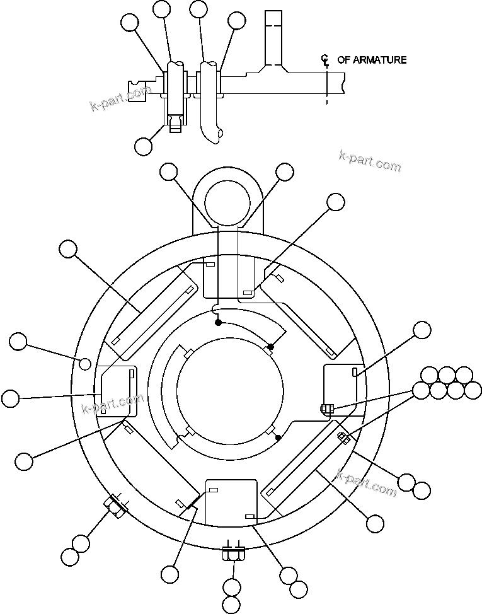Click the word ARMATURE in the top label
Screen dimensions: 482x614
point(380,60)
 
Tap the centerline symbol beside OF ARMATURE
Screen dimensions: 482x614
point(325,61)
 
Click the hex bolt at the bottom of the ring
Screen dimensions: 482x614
point(233,554)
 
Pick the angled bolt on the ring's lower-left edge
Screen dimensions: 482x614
point(115,506)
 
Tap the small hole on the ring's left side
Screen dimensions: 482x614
point(84,362)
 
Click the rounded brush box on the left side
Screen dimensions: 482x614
point(115,391)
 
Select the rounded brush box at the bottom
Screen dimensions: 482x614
point(232,502)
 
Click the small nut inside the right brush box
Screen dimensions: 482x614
point(326,409)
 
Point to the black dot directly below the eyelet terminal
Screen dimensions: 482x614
point(218,323)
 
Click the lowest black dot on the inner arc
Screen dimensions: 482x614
point(278,436)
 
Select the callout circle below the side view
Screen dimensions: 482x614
point(144,146)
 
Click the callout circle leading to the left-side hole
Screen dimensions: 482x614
point(18,342)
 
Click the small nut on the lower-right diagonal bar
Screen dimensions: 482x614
point(343,437)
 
